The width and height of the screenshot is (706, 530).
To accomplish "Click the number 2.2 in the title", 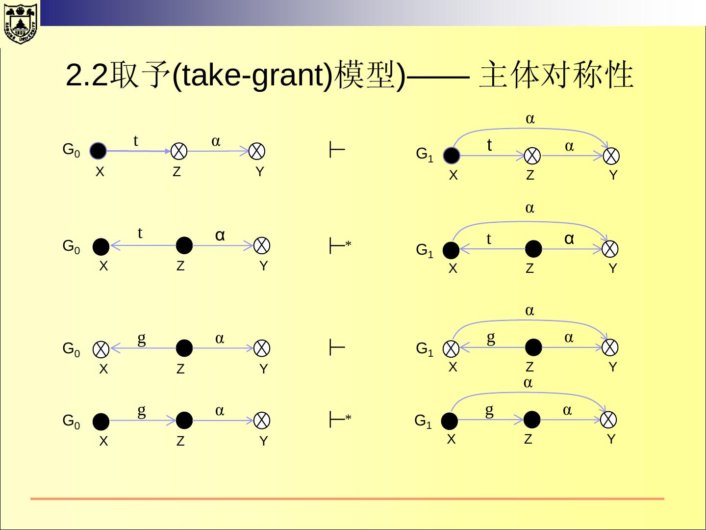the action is (86, 76).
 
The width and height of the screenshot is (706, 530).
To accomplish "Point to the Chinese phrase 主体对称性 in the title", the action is (556, 76).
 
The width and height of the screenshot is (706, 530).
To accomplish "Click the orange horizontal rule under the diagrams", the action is (347, 499).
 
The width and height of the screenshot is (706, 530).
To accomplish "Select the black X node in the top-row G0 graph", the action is (99, 151).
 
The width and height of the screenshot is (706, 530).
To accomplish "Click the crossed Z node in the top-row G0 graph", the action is (179, 151).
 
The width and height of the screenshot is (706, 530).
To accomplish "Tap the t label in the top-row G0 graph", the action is (136, 141).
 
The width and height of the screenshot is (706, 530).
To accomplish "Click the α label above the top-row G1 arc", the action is (530, 119).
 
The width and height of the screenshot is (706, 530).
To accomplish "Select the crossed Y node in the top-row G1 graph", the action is (611, 156).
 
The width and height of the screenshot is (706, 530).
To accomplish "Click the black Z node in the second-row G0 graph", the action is (184, 245).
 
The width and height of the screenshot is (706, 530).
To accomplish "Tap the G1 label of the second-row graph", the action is (424, 251).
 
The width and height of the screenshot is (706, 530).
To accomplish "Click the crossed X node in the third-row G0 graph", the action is (102, 349).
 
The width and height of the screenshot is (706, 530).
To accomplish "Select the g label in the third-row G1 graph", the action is (491, 337).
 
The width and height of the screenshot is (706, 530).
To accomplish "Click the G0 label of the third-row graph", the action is (72, 349).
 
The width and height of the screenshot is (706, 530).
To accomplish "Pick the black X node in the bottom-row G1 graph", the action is (449, 421).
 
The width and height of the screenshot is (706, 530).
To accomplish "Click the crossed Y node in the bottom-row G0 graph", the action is (262, 421).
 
